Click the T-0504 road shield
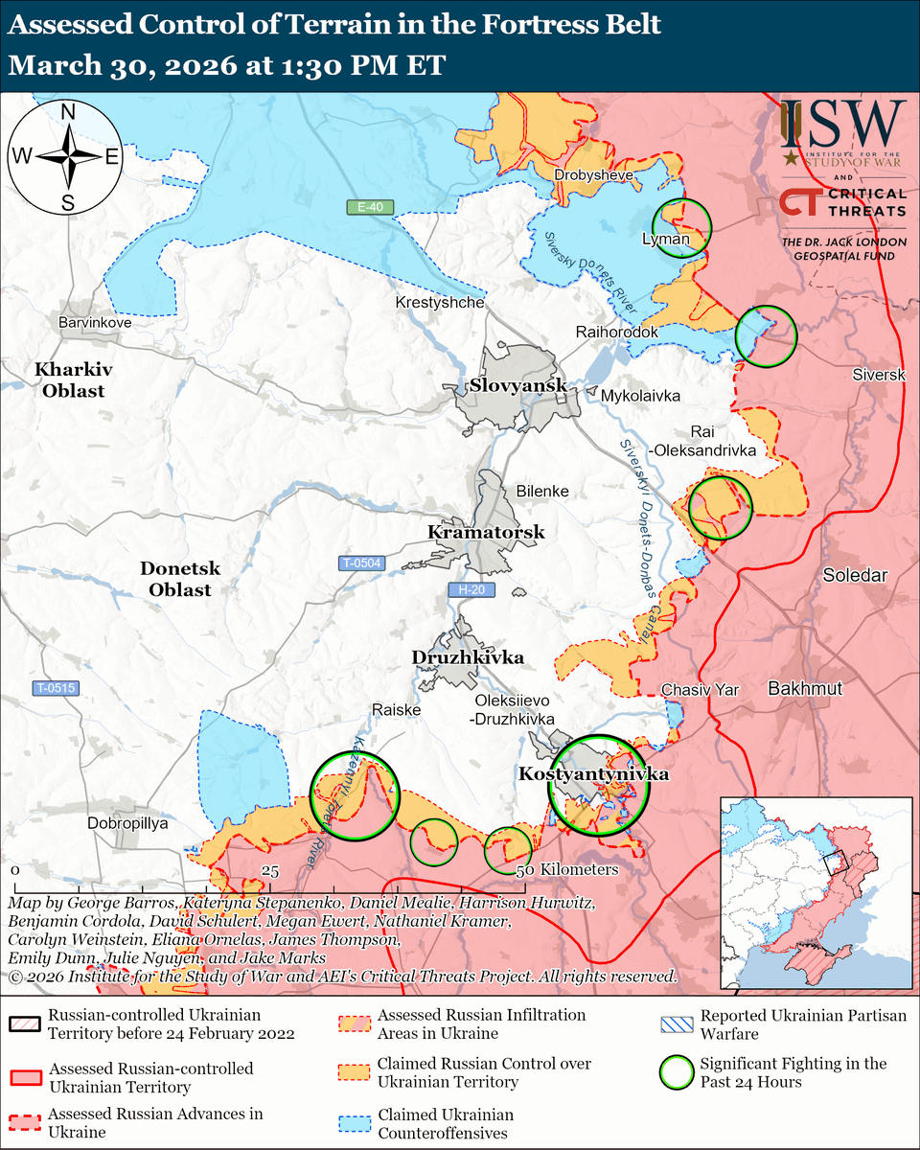click(361, 563)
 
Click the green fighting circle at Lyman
click(683, 226)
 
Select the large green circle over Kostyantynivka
click(598, 786)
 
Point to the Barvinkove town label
click(94, 323)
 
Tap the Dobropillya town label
click(127, 823)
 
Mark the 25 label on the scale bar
click(270, 870)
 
